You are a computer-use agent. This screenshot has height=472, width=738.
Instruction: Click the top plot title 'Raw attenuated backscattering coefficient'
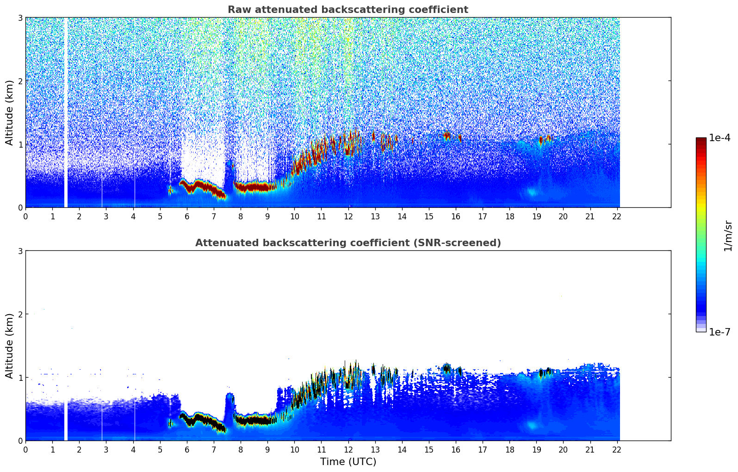347,10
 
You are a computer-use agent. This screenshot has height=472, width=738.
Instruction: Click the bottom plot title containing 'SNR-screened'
347,243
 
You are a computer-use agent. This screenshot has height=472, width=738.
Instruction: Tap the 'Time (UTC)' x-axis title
348,461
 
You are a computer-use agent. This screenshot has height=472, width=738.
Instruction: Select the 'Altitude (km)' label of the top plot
10,112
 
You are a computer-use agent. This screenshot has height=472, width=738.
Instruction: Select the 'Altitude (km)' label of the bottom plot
10,346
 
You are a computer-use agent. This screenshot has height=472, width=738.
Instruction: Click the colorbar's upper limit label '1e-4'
719,138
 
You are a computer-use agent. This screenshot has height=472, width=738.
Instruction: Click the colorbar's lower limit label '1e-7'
719,332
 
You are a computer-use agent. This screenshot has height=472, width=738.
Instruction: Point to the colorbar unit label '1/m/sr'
728,236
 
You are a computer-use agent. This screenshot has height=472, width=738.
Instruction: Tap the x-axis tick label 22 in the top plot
617,216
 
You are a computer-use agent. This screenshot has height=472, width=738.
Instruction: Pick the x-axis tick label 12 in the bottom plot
348,449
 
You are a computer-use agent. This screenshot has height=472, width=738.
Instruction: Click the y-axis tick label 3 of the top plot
20,18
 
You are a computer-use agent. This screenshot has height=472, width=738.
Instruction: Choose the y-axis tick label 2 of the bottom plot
20,314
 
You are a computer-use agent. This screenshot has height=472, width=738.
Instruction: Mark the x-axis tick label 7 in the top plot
214,216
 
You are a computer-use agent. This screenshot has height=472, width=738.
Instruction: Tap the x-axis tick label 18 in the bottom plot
509,449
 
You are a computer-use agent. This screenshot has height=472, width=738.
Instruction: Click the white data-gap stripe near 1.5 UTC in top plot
66,111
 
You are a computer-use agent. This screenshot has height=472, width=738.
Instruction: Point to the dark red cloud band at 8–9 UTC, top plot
252,187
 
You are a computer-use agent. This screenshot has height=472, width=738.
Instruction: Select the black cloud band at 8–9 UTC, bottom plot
252,421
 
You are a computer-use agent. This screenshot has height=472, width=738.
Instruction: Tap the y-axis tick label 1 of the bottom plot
20,378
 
